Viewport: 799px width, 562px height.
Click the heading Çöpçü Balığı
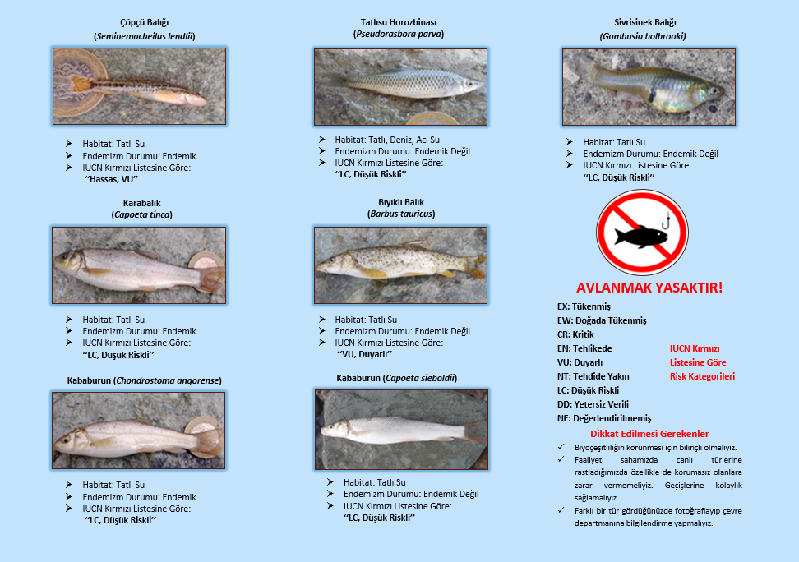[144, 23]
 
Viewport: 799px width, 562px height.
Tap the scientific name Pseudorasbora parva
[399, 35]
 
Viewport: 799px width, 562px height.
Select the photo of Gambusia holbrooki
[649, 87]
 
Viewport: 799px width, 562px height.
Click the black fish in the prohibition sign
[640, 237]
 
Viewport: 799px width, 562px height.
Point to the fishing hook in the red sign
[665, 221]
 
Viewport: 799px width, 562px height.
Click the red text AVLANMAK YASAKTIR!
[649, 288]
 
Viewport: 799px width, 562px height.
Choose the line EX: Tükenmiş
[584, 306]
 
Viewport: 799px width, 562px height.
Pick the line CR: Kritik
[575, 334]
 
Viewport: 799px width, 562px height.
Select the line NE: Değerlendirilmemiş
[604, 418]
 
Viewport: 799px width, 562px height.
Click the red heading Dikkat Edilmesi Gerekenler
[649, 434]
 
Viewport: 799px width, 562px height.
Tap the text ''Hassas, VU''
[111, 179]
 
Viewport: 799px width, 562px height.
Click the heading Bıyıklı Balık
[401, 202]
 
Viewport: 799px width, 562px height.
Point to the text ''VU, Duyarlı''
[364, 354]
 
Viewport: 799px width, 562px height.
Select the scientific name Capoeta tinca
[141, 215]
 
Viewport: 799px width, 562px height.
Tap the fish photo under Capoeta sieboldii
[401, 430]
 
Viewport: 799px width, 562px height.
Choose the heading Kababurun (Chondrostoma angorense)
[144, 380]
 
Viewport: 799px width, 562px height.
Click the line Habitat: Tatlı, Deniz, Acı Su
[387, 140]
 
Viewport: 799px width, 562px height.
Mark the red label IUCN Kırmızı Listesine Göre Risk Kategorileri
[702, 362]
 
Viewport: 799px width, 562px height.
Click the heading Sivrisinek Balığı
[644, 23]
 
